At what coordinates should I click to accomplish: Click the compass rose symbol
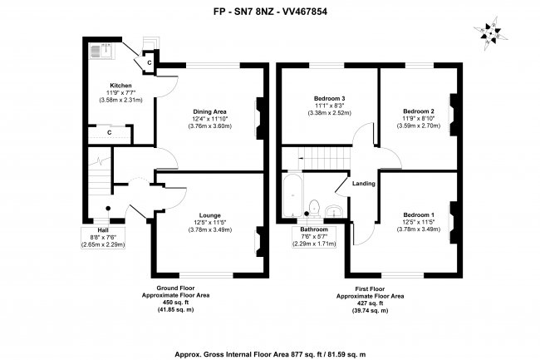(x=490, y=34)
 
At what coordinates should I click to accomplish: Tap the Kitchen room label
(x=120, y=86)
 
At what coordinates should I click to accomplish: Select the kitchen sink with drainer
(x=103, y=52)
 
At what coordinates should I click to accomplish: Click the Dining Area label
(x=209, y=111)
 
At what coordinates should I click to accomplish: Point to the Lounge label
(x=209, y=215)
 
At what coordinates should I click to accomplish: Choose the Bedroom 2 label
(x=419, y=111)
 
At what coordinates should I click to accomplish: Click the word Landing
(x=364, y=184)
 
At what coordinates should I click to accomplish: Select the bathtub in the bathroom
(x=292, y=195)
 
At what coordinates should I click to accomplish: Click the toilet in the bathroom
(x=314, y=209)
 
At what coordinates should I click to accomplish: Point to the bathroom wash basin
(x=333, y=211)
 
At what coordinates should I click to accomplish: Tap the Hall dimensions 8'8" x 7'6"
(x=103, y=237)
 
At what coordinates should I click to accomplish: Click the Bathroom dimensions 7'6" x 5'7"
(x=314, y=237)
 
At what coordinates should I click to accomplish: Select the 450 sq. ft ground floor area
(x=175, y=303)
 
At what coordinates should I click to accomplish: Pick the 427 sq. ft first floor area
(x=370, y=303)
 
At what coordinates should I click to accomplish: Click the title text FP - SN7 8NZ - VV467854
(x=270, y=12)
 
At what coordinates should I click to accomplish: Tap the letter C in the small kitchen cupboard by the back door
(x=149, y=62)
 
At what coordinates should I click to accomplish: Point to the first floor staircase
(x=324, y=159)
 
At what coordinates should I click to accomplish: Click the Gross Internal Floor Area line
(x=270, y=354)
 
